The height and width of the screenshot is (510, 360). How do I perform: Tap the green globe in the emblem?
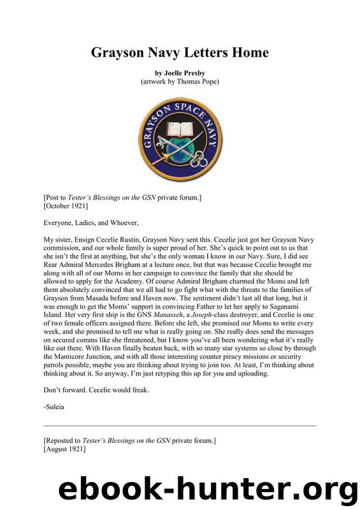coord(180,150)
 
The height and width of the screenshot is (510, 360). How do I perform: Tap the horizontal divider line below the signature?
coord(180,425)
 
